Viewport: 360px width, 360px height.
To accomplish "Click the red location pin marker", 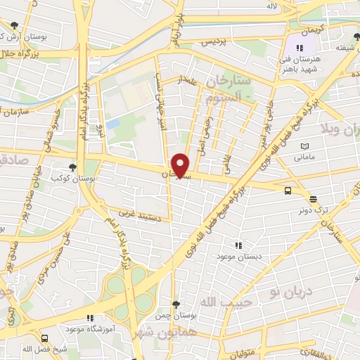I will pyautogui.click(x=181, y=165).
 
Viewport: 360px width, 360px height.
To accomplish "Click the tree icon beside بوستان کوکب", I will pyautogui.click(x=72, y=167).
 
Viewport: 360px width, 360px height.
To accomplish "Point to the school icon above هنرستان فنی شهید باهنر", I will pyautogui.click(x=301, y=48).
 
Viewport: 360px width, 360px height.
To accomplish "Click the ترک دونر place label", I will pyautogui.click(x=312, y=210).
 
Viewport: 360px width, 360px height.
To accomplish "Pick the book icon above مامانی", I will pyautogui.click(x=304, y=146).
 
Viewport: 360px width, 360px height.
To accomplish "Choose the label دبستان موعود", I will pyautogui.click(x=239, y=257).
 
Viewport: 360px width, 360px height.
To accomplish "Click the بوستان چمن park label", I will pyautogui.click(x=176, y=316).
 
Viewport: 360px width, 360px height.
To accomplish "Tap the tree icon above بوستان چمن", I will pyautogui.click(x=176, y=304).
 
